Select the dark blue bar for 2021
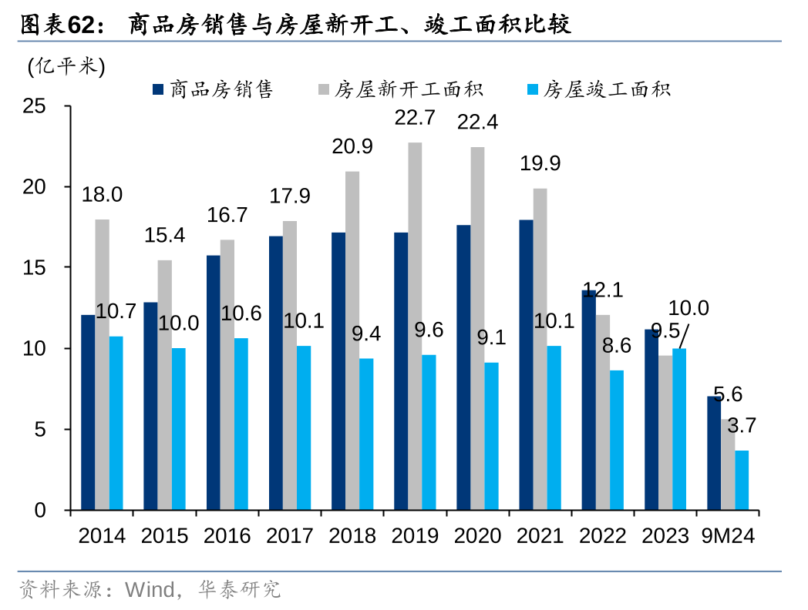pos(526,365)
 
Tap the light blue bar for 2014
pos(116,423)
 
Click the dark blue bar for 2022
pos(588,400)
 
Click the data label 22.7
pos(415,118)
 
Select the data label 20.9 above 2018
pos(352,146)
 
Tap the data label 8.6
pos(616,346)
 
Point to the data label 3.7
pos(742,425)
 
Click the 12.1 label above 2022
pos(603,290)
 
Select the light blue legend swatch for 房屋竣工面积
pos(531,90)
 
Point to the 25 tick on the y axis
pos(36,106)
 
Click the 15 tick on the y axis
pos(36,267)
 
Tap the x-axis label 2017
pos(290,536)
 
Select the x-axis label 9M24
pos(727,536)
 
